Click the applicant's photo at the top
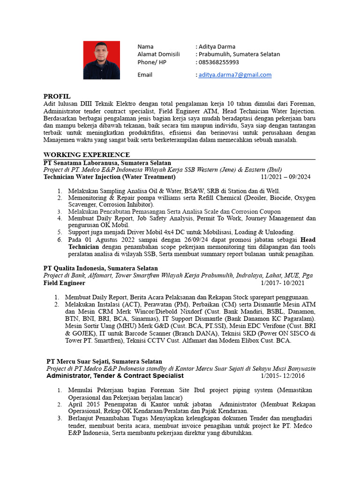(102, 60)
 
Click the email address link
(235, 75)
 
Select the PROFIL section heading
(57, 96)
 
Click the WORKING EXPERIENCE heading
(86, 155)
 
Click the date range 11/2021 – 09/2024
(285, 177)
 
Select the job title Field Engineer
(64, 283)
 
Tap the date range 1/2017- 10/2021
(282, 283)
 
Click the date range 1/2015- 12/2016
(283, 376)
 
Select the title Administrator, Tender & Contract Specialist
(115, 376)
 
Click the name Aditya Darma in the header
(217, 46)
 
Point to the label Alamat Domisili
(158, 54)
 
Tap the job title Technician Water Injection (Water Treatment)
(109, 177)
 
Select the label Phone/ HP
(152, 62)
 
